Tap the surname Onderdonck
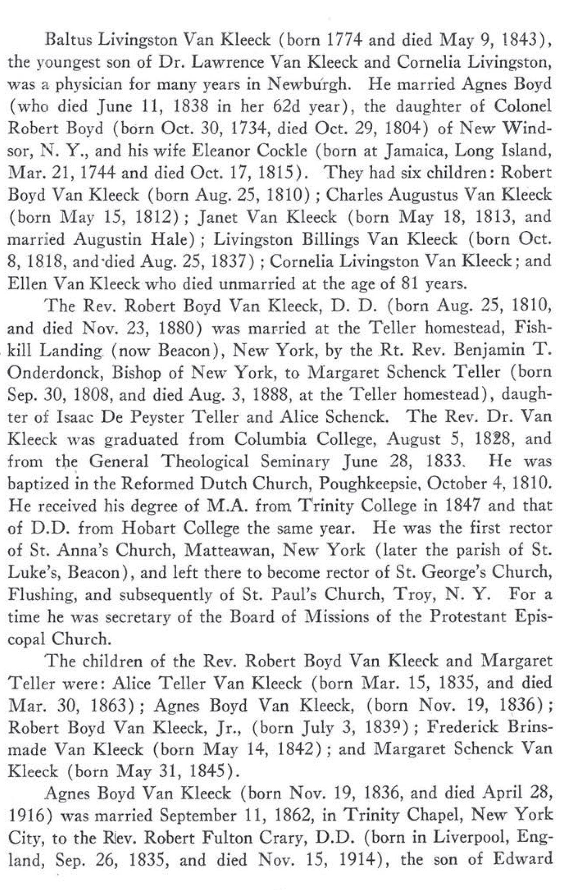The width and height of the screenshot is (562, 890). pos(54,373)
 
